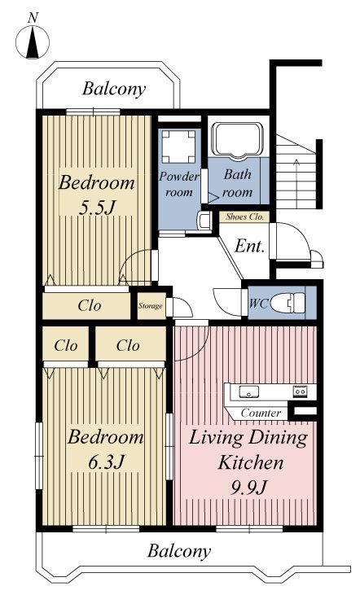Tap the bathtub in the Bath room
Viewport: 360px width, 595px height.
click(x=237, y=140)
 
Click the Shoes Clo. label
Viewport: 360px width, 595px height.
click(x=244, y=217)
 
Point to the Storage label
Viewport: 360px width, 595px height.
click(x=151, y=306)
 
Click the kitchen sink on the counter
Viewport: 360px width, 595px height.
click(x=248, y=392)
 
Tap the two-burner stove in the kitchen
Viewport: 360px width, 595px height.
click(x=300, y=391)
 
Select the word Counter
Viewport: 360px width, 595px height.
click(x=261, y=413)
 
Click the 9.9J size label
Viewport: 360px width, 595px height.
click(x=249, y=488)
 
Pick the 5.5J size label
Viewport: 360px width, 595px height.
click(x=96, y=208)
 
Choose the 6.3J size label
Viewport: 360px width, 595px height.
click(x=106, y=462)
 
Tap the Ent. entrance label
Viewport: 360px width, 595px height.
click(x=249, y=247)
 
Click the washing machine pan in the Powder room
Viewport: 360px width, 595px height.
click(x=178, y=147)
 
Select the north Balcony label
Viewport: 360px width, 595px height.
click(x=114, y=90)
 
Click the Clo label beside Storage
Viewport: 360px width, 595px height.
click(x=90, y=305)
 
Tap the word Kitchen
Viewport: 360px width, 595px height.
click(x=251, y=463)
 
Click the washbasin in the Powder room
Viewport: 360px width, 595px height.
click(x=204, y=221)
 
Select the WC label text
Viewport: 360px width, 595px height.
click(x=259, y=304)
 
